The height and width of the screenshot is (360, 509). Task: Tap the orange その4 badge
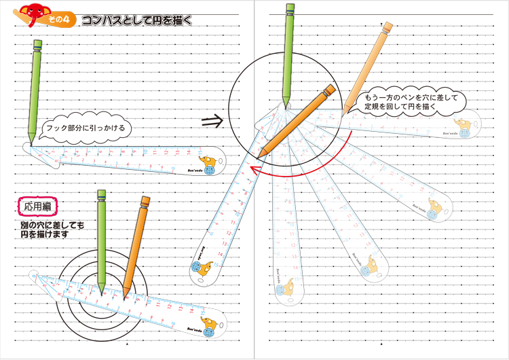pyautogui.click(x=59, y=20)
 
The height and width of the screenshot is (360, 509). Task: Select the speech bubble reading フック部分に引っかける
pyautogui.click(x=86, y=128)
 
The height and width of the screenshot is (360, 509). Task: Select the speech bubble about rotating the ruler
pyautogui.click(x=411, y=103)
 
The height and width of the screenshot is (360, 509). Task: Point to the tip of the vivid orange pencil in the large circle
pyautogui.click(x=261, y=153)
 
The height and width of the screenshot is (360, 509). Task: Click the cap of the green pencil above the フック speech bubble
pyautogui.click(x=37, y=46)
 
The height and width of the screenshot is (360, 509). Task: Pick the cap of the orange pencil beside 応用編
pyautogui.click(x=144, y=201)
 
